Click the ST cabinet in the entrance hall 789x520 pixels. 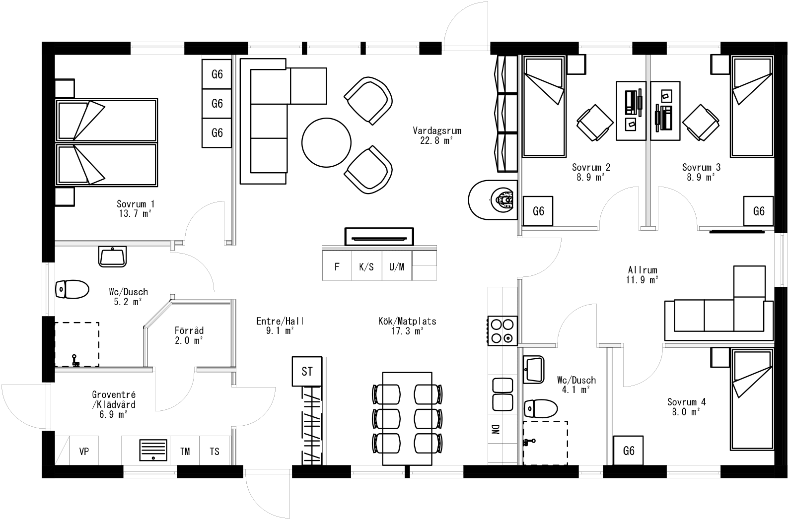pyautogui.click(x=307, y=371)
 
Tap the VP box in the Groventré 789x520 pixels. pyautogui.click(x=84, y=452)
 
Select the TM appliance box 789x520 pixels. pyautogui.click(x=185, y=452)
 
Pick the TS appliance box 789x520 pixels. pyautogui.click(x=215, y=452)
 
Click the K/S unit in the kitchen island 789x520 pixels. pyautogui.click(x=366, y=267)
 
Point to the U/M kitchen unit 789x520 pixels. pyautogui.click(x=397, y=267)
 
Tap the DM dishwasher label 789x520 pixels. pyautogui.click(x=495, y=430)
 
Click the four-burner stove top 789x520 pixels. pyautogui.click(x=502, y=331)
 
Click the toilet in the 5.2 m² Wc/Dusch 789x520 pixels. pyautogui.click(x=72, y=289)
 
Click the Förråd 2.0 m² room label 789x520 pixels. pyautogui.click(x=189, y=335)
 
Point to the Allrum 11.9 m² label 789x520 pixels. pyautogui.click(x=643, y=274)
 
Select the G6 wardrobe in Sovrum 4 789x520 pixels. pyautogui.click(x=628, y=451)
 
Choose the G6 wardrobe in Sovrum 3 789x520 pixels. pyautogui.click(x=758, y=211)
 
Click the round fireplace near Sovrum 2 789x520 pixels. pyautogui.click(x=492, y=200)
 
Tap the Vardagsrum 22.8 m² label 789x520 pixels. pyautogui.click(x=437, y=135)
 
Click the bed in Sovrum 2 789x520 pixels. pyautogui.click(x=544, y=107)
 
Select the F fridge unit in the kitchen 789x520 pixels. pyautogui.click(x=337, y=267)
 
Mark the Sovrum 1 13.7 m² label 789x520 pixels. pyautogui.click(x=135, y=208)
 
